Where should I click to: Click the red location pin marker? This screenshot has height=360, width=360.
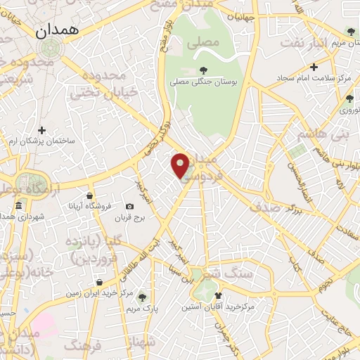(x=181, y=165)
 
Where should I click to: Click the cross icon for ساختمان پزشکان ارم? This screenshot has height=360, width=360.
(x=42, y=130)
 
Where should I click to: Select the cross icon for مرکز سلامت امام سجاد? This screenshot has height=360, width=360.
(x=314, y=67)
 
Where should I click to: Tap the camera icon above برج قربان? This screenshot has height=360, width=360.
(x=129, y=206)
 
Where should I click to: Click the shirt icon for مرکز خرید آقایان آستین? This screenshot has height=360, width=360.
(x=218, y=295)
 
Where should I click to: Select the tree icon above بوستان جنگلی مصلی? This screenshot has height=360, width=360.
(x=203, y=70)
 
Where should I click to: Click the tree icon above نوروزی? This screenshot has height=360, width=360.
(x=349, y=98)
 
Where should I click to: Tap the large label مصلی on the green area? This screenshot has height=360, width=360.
(x=204, y=42)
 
